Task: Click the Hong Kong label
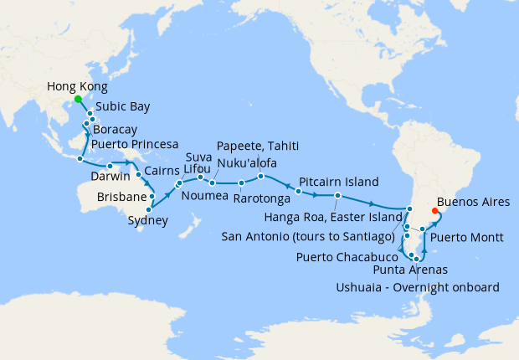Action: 77,86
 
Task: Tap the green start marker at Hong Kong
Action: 78,99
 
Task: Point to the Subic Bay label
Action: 123,107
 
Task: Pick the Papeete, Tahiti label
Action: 257,145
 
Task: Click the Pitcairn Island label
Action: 339,182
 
